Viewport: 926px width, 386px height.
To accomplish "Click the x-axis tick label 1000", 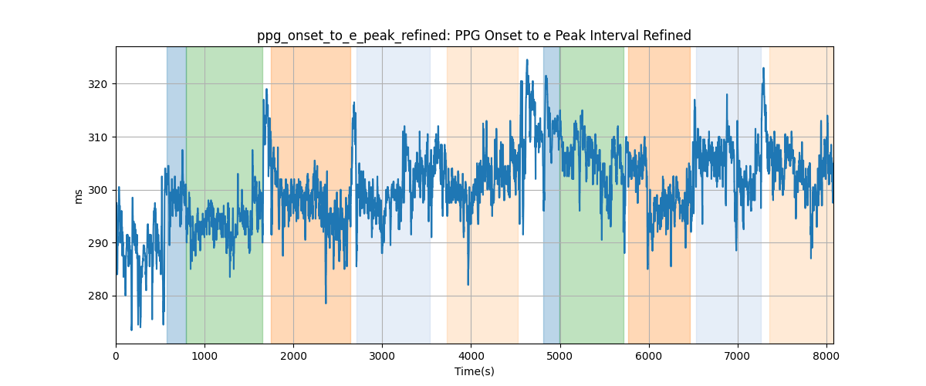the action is pos(204,356).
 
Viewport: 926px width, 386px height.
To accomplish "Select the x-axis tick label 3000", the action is pos(383,356).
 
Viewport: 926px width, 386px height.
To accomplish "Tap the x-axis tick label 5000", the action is pos(560,356).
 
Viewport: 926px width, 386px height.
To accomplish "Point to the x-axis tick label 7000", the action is pos(738,356).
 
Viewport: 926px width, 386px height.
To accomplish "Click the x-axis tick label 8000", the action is pos(826,356).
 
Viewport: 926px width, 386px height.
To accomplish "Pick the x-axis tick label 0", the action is pos(117,356).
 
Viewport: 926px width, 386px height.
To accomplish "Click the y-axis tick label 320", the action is pos(97,84).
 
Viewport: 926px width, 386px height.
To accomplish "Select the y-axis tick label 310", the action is pos(97,137).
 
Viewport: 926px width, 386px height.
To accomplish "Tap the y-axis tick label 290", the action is pos(97,243).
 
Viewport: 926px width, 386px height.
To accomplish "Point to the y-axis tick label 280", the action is pos(97,296).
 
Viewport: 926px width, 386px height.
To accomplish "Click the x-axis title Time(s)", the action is pos(475,371).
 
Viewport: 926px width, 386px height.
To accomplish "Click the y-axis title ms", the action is pos(78,197).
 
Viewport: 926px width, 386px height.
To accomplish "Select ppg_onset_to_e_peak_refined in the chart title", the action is pos(353,36).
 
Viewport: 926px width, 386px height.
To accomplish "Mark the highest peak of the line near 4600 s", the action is pos(527,60).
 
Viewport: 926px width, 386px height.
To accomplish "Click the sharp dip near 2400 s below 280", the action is pos(326,303).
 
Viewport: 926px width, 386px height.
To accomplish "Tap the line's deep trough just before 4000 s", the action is pos(468,284).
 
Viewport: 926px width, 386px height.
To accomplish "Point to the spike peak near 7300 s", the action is pos(763,68).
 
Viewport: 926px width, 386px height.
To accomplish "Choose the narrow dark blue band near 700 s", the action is pos(177,195).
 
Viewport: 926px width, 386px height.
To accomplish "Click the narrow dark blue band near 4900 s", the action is pos(552,195).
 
